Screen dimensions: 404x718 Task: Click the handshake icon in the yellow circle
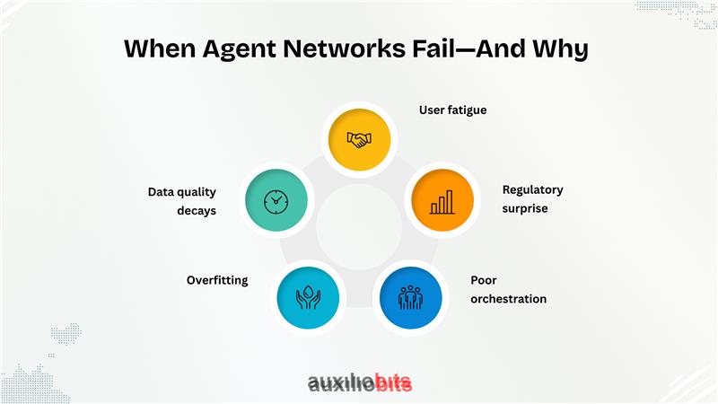(x=359, y=139)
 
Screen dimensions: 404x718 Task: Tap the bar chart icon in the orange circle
(x=442, y=200)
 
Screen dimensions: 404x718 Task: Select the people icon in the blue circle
(x=410, y=298)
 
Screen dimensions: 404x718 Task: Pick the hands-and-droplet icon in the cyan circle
(x=308, y=297)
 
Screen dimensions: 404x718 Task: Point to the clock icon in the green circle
(x=276, y=201)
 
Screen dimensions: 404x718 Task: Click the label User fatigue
(x=452, y=110)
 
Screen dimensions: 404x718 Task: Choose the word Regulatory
(x=533, y=190)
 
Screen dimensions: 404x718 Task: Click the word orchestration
(x=508, y=299)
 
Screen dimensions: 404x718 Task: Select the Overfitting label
(x=217, y=280)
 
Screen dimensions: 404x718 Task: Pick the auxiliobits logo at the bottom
(x=360, y=383)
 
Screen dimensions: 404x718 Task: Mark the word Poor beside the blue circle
(x=484, y=280)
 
